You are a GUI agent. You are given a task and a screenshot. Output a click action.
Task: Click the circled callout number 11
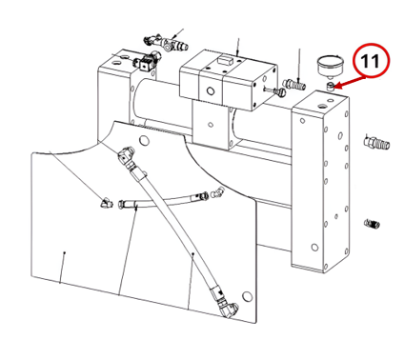click(370, 61)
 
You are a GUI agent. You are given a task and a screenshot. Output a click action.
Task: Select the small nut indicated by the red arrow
click(330, 86)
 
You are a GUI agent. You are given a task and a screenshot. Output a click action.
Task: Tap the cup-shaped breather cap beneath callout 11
click(331, 67)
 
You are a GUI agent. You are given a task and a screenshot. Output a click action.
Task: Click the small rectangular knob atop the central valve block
click(225, 59)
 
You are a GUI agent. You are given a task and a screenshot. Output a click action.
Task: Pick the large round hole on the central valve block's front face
click(211, 91)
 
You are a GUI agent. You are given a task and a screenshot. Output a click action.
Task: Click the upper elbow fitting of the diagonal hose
click(126, 153)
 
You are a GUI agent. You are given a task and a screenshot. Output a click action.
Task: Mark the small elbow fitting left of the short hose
click(106, 203)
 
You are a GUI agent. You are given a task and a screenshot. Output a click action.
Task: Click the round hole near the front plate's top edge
click(145, 139)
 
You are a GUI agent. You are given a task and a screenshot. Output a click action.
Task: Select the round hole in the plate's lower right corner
click(247, 296)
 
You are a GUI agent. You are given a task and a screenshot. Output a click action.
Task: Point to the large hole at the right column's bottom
click(314, 247)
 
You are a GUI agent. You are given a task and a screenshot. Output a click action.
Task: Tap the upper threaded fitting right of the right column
click(376, 142)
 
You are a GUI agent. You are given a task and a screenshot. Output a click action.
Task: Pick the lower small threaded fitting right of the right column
click(372, 224)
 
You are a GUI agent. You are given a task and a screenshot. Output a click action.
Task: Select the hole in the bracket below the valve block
click(210, 125)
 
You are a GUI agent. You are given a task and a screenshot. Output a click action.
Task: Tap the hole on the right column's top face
click(321, 105)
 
